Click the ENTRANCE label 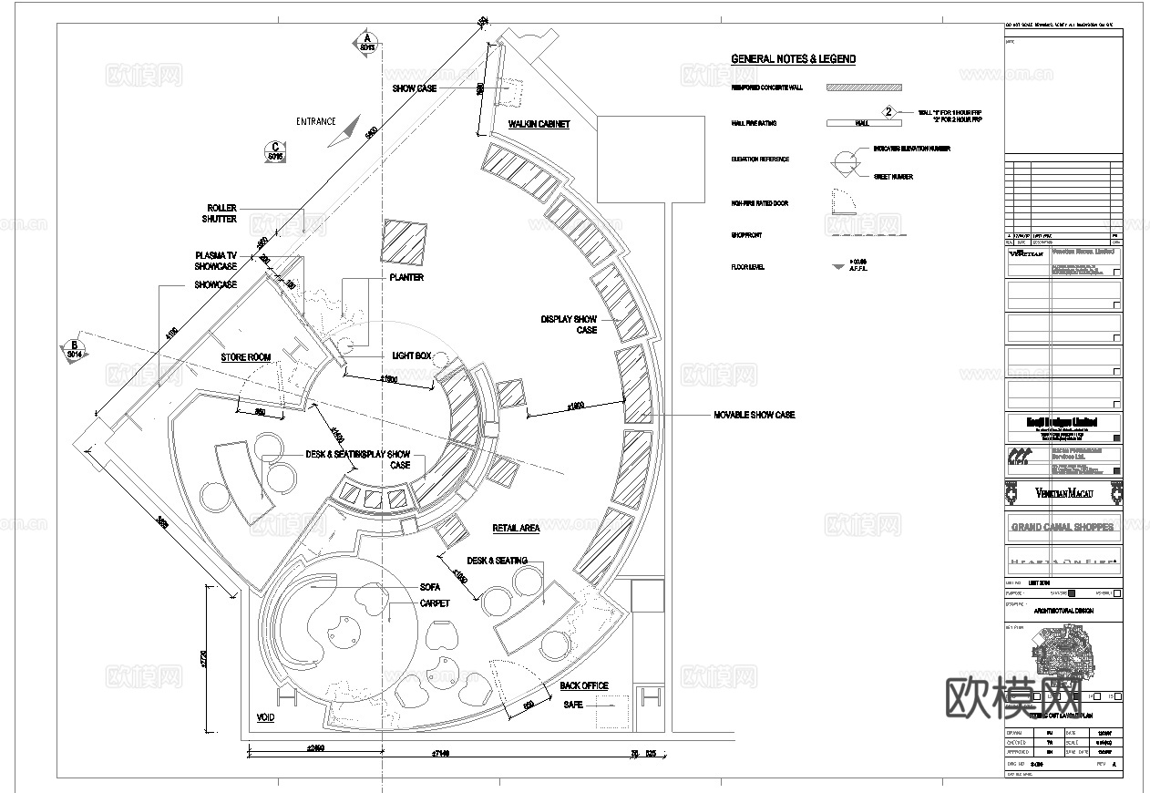[x=315, y=121]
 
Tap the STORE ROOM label [x=246, y=357]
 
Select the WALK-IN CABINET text [x=539, y=124]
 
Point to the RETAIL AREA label [x=516, y=529]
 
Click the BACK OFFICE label [x=584, y=685]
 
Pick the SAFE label [x=573, y=705]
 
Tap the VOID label [x=265, y=718]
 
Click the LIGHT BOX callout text [x=411, y=355]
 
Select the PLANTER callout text [x=406, y=277]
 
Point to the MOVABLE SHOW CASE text [x=754, y=415]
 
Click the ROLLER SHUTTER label [x=221, y=213]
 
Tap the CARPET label [x=435, y=603]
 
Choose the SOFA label [x=430, y=588]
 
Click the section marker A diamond [x=367, y=42]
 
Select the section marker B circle [x=75, y=349]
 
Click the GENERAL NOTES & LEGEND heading [x=793, y=59]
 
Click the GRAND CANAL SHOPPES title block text [x=1063, y=527]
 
